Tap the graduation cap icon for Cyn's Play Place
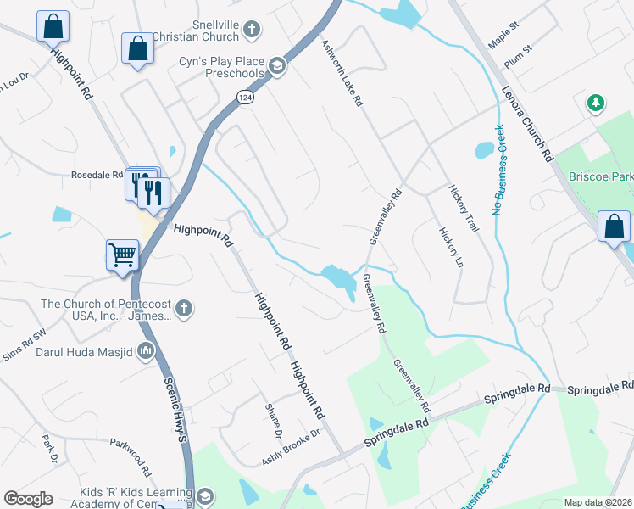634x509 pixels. pyautogui.click(x=276, y=66)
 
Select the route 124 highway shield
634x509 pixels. pyautogui.click(x=245, y=98)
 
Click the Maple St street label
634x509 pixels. pyautogui.click(x=503, y=39)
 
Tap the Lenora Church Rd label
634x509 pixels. pyautogui.click(x=527, y=124)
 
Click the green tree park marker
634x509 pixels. pyautogui.click(x=597, y=103)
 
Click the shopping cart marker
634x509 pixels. pyautogui.click(x=123, y=254)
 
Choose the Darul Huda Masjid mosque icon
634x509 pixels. pyautogui.click(x=146, y=349)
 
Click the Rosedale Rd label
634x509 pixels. pyautogui.click(x=97, y=176)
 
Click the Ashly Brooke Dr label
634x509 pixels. pyautogui.click(x=291, y=446)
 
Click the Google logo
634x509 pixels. pyautogui.click(x=28, y=499)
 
